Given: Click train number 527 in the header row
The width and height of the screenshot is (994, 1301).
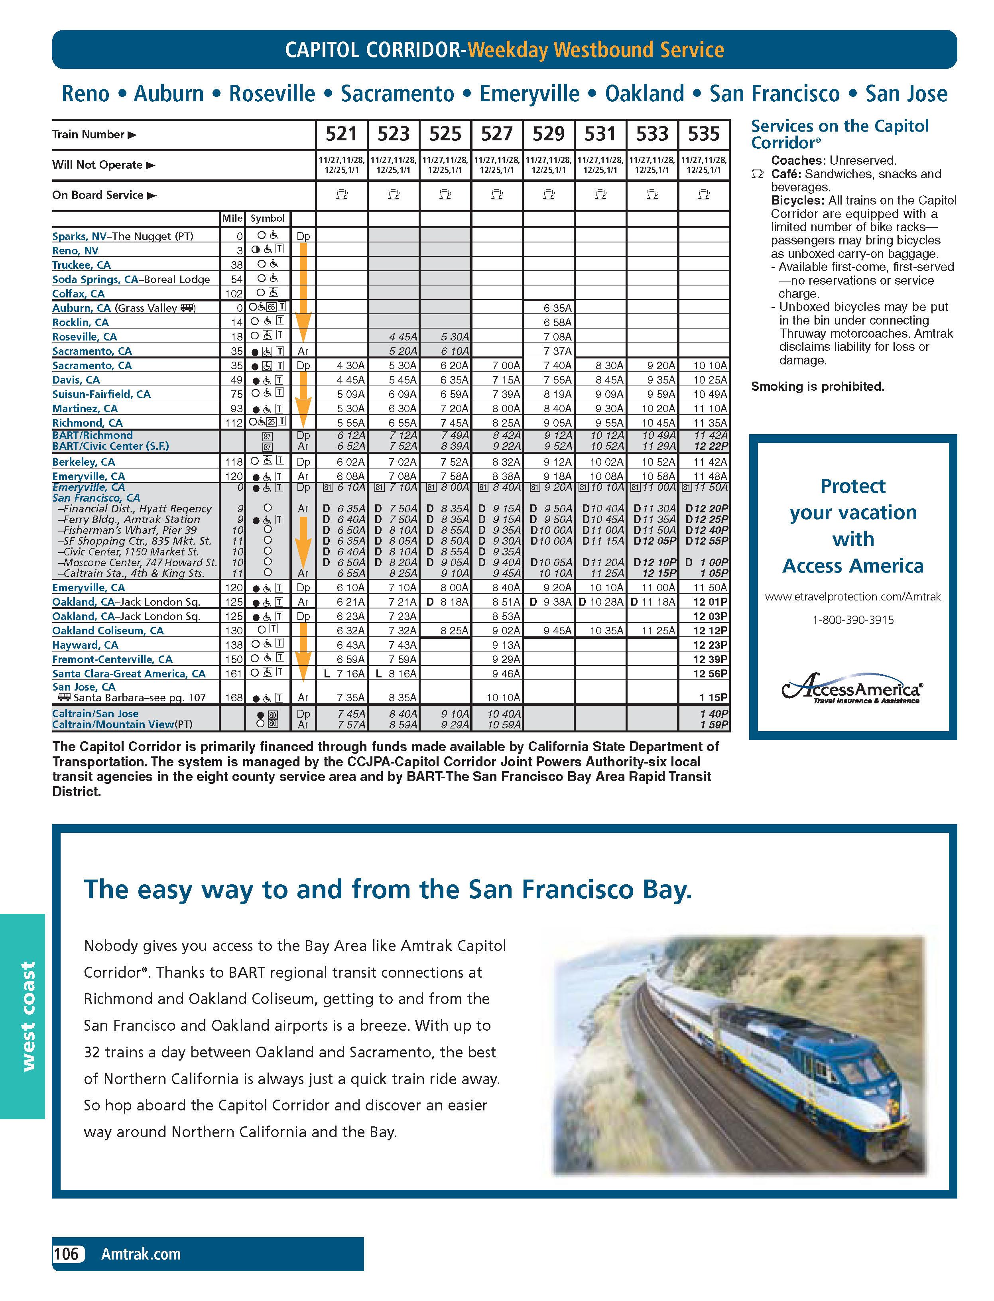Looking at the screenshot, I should [496, 134].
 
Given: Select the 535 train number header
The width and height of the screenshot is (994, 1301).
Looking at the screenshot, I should [703, 134].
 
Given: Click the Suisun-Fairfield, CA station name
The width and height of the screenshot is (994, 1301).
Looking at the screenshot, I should [101, 394].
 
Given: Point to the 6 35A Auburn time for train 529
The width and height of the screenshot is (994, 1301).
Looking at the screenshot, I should [557, 308].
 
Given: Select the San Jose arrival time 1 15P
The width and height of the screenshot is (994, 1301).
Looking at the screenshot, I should [710, 697].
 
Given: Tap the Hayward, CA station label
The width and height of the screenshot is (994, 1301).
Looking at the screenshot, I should [85, 645].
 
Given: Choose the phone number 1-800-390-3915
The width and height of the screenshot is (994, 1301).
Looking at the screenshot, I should [852, 620].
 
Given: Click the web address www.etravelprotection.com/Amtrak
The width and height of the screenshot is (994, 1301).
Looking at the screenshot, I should [852, 596].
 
